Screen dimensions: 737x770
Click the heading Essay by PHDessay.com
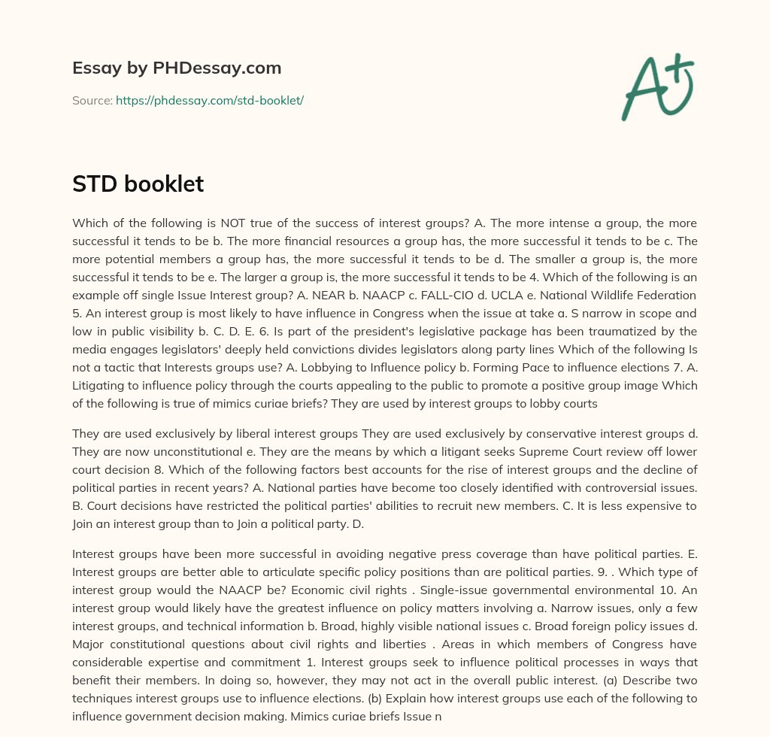[177, 68]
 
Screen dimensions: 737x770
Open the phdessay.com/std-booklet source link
[209, 100]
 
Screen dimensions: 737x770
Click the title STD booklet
[138, 184]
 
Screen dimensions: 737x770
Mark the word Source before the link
[91, 100]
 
